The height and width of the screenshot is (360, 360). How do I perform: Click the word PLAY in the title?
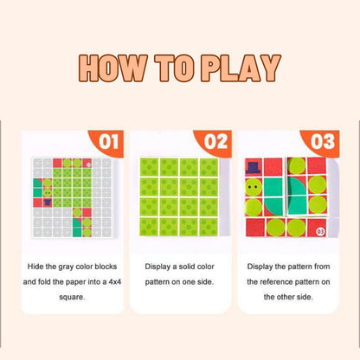[x=241, y=68]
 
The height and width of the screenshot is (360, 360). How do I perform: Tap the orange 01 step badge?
[x=106, y=143]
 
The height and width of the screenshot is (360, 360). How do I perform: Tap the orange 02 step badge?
[x=213, y=143]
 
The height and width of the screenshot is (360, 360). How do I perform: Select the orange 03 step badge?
[x=320, y=143]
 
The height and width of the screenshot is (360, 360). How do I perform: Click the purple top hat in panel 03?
[x=254, y=168]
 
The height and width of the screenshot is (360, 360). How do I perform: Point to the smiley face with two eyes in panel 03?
[x=254, y=187]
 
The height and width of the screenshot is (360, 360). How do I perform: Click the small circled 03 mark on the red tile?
[x=320, y=231]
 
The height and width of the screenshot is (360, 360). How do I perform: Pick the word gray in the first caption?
[x=66, y=267]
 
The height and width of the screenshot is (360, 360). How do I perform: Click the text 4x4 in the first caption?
[x=115, y=282]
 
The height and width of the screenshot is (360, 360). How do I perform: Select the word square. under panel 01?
[x=72, y=297]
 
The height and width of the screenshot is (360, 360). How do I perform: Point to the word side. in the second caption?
[x=205, y=282]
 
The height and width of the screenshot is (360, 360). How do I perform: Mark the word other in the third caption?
[x=286, y=297]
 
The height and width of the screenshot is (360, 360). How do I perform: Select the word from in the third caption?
[x=322, y=267]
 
